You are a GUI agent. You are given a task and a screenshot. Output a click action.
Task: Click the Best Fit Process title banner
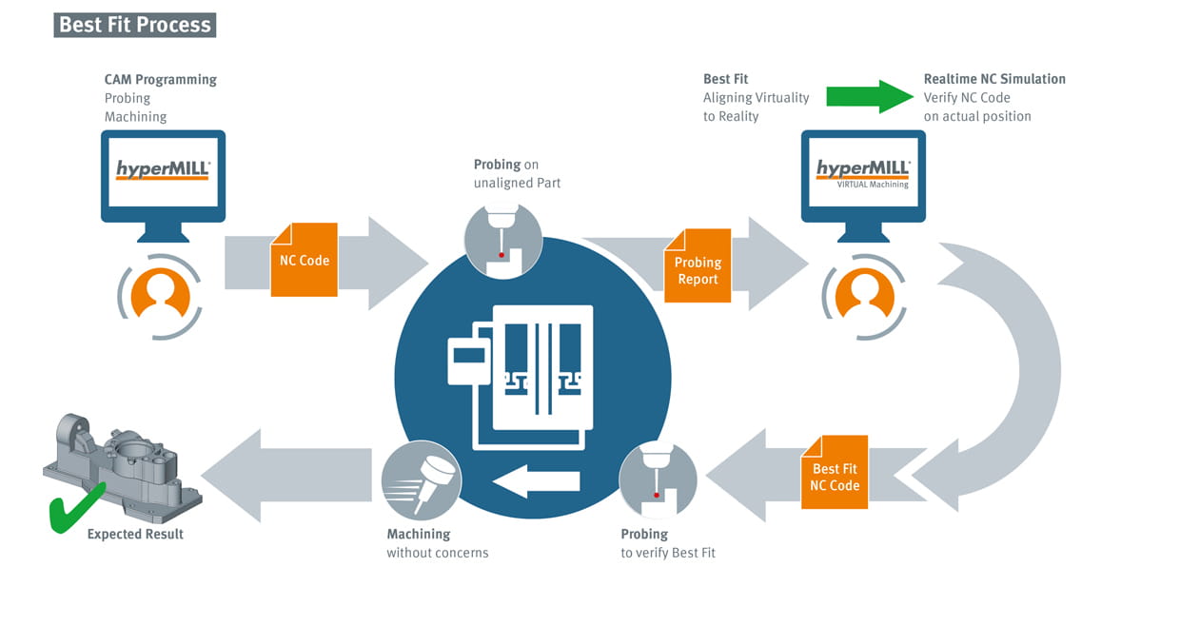(135, 25)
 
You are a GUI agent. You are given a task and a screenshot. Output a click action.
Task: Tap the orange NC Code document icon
(305, 260)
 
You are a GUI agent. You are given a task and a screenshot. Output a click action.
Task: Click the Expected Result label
(135, 535)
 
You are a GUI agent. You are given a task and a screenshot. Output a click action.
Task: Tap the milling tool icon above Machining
(422, 480)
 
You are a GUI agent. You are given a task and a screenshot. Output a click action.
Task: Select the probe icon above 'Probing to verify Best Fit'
(659, 480)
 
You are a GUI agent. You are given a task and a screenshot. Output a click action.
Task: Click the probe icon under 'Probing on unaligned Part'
(503, 240)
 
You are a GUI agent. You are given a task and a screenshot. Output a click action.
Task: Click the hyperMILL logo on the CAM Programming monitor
(163, 170)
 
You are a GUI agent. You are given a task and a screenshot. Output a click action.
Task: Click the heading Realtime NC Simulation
(994, 79)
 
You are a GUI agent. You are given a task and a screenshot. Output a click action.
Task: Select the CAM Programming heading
(161, 79)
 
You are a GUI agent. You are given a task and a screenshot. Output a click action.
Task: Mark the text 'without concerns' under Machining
(437, 553)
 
